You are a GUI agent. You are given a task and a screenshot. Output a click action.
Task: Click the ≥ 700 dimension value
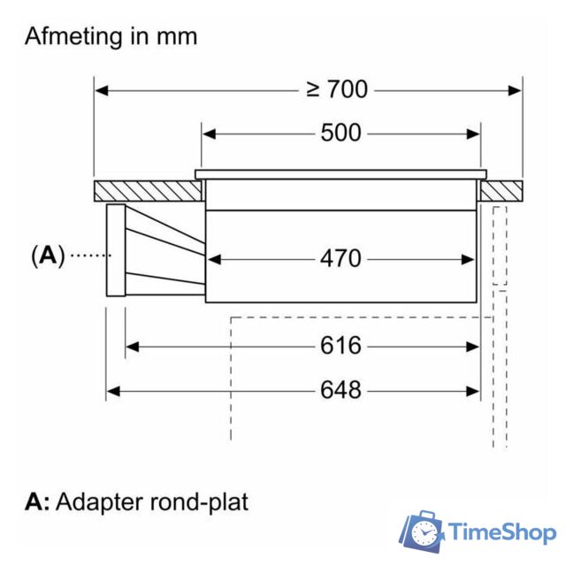(x=336, y=89)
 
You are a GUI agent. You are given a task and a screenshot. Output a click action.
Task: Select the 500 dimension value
(x=340, y=134)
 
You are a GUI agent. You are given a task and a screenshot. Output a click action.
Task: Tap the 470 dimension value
(x=340, y=258)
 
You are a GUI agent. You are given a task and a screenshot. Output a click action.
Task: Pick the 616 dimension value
(x=340, y=346)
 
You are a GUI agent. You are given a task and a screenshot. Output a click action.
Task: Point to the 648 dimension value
(x=340, y=389)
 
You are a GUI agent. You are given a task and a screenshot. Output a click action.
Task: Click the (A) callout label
(x=48, y=256)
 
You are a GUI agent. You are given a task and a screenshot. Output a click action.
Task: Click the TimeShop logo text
(x=501, y=532)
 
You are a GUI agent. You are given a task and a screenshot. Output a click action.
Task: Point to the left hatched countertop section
(x=146, y=191)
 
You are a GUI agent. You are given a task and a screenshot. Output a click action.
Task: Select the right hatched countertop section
(x=501, y=191)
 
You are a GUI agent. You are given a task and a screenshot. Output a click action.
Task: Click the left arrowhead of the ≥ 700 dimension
(x=101, y=89)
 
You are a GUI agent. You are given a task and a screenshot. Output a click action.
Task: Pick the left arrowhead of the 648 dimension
(x=112, y=389)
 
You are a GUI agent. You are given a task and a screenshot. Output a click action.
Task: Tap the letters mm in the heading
(x=177, y=36)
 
